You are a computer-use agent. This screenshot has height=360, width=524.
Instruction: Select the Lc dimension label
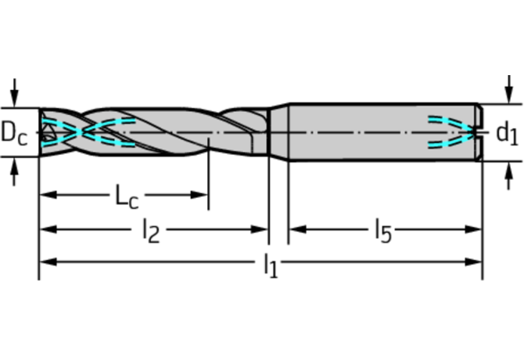click(x=123, y=196)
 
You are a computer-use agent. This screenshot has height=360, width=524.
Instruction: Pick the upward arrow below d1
click(x=507, y=177)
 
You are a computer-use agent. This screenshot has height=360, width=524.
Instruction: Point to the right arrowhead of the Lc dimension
click(x=201, y=193)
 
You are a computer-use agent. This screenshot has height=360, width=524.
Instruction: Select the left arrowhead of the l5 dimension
click(x=296, y=229)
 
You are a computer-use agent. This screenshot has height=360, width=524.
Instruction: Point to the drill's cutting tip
click(x=45, y=132)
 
